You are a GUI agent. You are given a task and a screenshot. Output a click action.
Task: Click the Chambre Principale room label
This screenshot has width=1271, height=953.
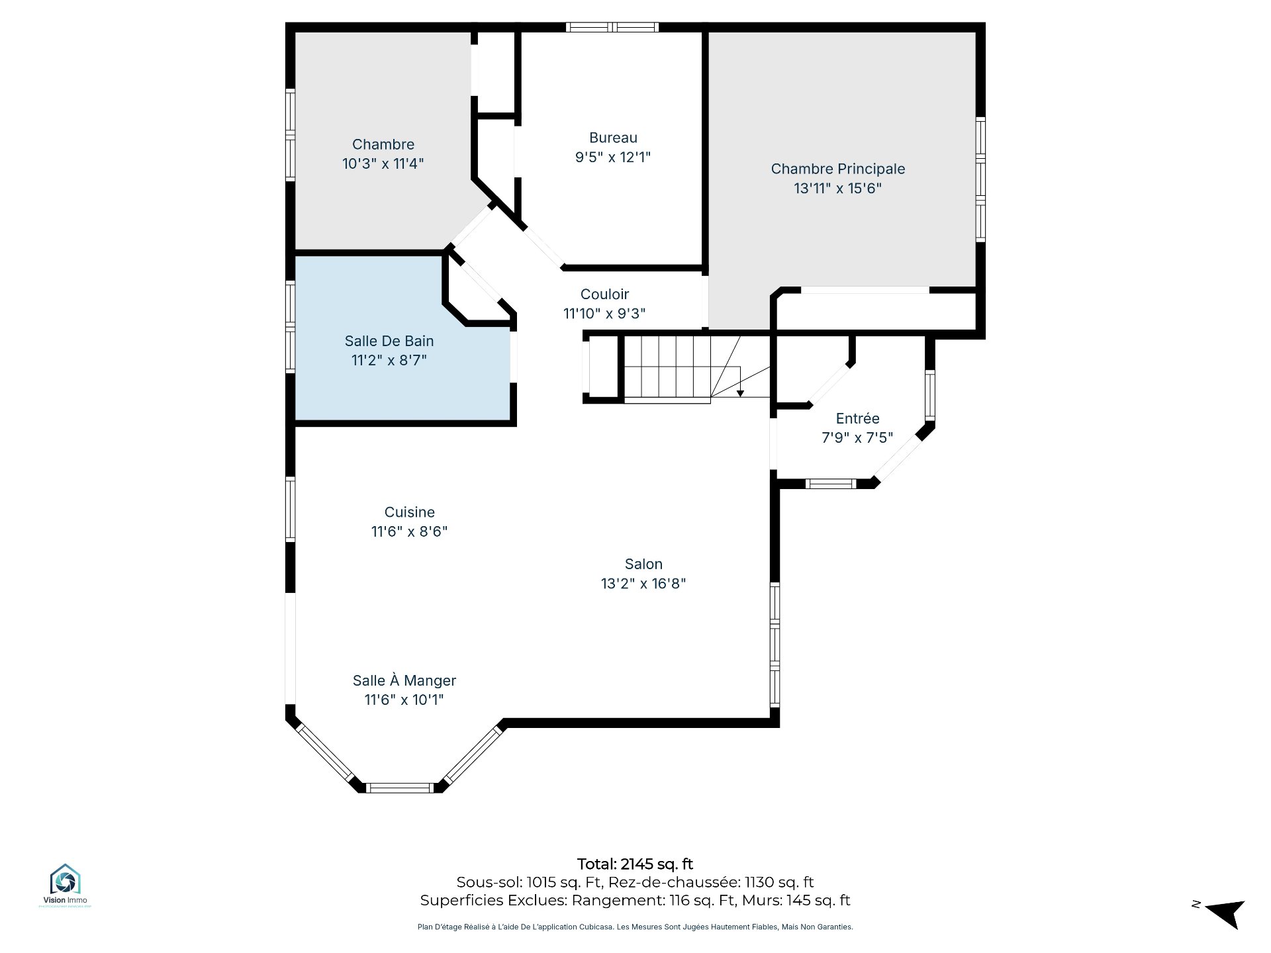point(837,169)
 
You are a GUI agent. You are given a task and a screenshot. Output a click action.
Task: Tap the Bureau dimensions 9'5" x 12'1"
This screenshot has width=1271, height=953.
point(613,158)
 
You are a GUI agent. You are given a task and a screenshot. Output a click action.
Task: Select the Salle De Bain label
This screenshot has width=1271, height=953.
point(389,341)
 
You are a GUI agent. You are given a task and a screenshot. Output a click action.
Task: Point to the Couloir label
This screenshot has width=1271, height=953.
point(604,294)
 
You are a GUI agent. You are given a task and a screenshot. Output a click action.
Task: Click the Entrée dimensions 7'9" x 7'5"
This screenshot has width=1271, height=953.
point(857,437)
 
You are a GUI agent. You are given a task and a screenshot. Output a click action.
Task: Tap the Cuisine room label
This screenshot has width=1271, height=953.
point(410,512)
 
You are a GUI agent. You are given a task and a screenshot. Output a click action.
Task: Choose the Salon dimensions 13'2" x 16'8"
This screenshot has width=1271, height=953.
point(643,584)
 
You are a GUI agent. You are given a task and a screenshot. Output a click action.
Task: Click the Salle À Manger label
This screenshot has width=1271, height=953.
point(404,680)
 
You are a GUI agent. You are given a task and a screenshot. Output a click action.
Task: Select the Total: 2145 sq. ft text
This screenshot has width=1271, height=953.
point(635,864)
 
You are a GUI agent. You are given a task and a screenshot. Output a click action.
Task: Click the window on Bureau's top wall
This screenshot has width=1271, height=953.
point(612,27)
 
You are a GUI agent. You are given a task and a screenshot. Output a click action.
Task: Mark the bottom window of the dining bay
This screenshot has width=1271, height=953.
point(400,788)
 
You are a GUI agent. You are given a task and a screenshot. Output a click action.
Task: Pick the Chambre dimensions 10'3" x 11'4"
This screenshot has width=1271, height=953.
point(383,163)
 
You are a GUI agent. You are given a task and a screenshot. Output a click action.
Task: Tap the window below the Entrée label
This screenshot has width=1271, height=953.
point(831,484)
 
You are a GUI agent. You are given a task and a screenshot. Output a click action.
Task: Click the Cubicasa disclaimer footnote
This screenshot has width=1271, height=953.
point(635,927)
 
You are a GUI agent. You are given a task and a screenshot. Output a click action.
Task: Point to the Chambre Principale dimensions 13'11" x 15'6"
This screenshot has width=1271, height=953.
point(837,189)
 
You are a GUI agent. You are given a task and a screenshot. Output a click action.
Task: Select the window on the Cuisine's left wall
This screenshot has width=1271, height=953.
point(290,509)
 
